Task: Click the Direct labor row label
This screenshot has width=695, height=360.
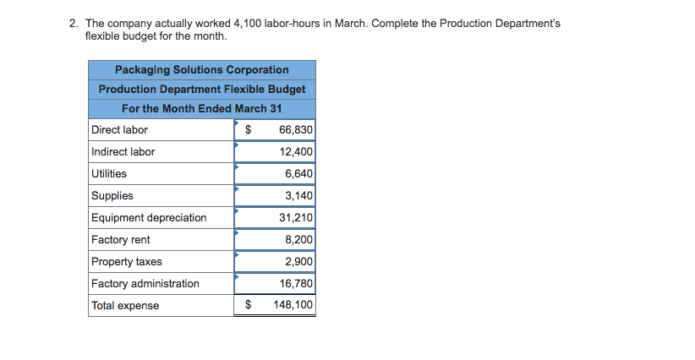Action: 119,130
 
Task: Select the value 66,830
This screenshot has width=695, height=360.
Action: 295,130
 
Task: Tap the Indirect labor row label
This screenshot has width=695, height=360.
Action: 123,152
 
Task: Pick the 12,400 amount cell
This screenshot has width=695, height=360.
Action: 296,152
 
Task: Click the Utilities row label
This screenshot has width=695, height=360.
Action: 109,174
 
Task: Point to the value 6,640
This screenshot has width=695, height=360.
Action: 298,174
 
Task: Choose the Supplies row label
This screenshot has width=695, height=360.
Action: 112,196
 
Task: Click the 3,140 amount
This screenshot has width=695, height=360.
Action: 298,196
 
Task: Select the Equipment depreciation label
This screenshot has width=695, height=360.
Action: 149,218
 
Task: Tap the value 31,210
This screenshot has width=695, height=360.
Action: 296,218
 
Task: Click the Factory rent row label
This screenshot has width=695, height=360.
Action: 121,240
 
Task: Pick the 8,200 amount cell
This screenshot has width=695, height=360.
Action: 298,240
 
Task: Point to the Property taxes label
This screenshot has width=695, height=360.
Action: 127,262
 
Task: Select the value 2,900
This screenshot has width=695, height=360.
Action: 298,262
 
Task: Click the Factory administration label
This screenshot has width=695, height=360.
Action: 145,284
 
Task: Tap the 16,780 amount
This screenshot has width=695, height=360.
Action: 296,284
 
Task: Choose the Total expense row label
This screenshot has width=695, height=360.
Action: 125,306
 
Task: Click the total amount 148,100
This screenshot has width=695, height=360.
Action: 293,306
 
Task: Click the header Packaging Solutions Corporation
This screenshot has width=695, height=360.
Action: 201,70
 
